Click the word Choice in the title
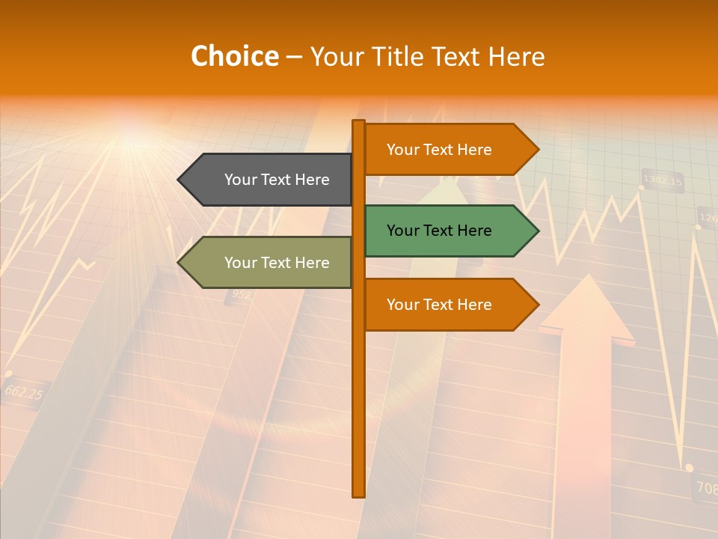click(x=235, y=57)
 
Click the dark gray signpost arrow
click(x=266, y=180)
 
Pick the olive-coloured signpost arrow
click(x=266, y=263)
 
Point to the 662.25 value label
click(x=23, y=392)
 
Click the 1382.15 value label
click(x=663, y=181)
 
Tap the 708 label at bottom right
click(x=706, y=488)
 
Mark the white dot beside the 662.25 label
click(x=8, y=373)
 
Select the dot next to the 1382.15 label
click(x=642, y=187)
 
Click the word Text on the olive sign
click(x=277, y=263)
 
